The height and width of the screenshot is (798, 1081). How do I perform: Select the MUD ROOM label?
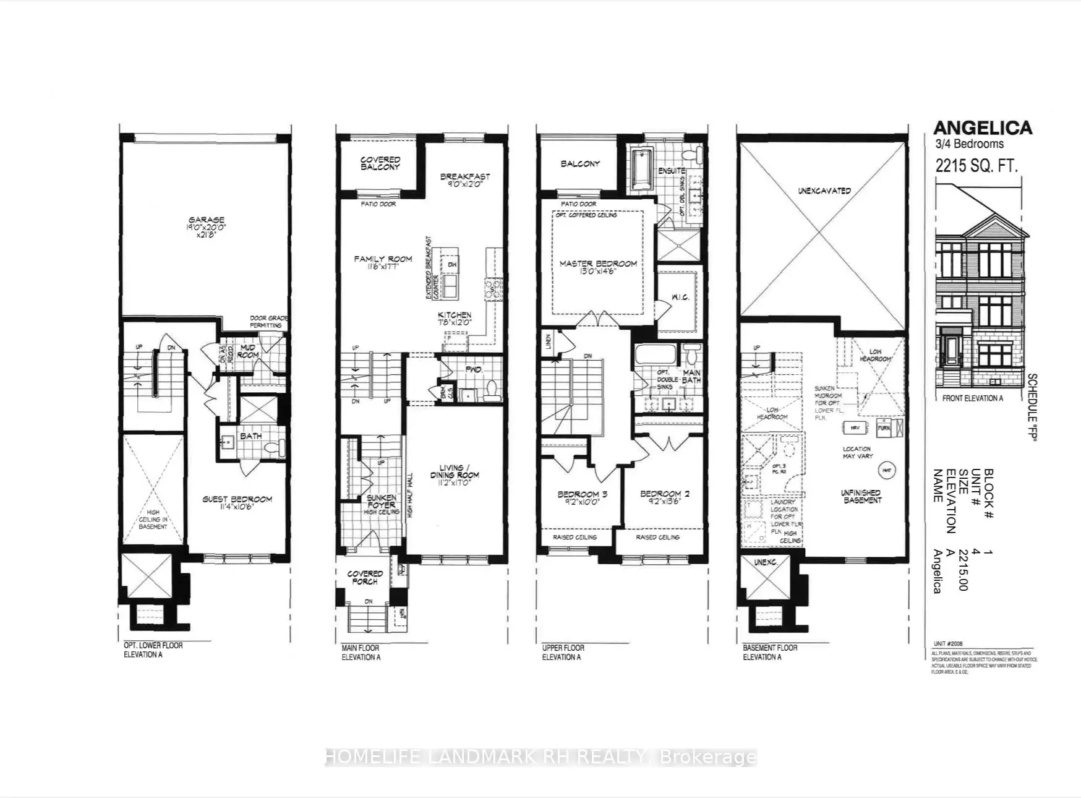pyautogui.click(x=247, y=351)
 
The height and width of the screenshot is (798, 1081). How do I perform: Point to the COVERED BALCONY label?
pyautogui.click(x=380, y=163)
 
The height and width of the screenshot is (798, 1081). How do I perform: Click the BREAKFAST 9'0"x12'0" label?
pyautogui.click(x=465, y=180)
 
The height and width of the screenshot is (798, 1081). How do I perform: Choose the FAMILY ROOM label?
pyautogui.click(x=383, y=263)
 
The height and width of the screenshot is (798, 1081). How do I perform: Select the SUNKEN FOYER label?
pyautogui.click(x=382, y=502)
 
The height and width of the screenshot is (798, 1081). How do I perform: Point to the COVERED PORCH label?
pyautogui.click(x=365, y=577)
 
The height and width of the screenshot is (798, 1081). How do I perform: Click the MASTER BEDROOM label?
pyautogui.click(x=598, y=267)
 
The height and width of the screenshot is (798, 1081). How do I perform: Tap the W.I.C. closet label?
pyautogui.click(x=680, y=298)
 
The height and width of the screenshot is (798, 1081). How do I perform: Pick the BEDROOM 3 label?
pyautogui.click(x=578, y=497)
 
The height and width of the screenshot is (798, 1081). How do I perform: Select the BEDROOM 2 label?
pyautogui.click(x=664, y=497)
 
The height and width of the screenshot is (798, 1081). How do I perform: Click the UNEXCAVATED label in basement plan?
pyautogui.click(x=824, y=191)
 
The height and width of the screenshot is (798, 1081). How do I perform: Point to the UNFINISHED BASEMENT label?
pyautogui.click(x=861, y=496)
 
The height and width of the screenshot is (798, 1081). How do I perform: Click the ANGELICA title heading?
pyautogui.click(x=982, y=128)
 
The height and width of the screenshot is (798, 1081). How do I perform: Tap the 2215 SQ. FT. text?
pyautogui.click(x=976, y=166)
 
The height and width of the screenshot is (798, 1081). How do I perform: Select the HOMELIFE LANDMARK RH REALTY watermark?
pyautogui.click(x=540, y=757)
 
